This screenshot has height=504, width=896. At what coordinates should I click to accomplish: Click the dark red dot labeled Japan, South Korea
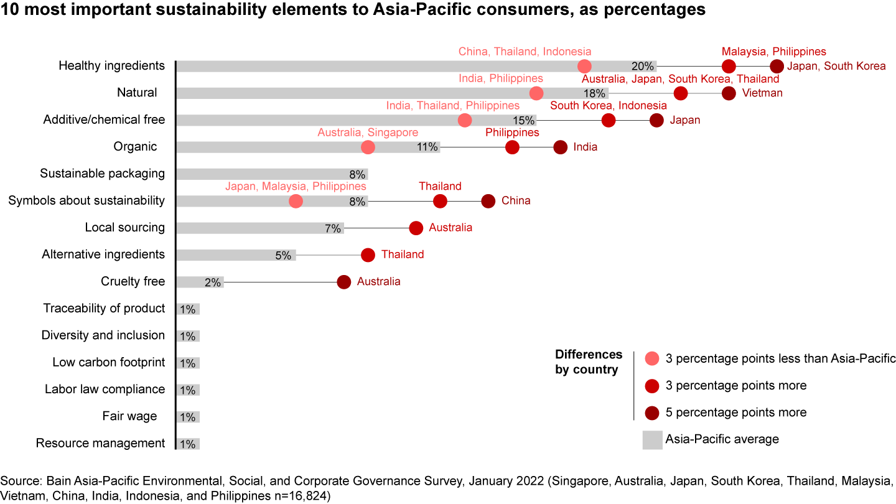pos(777,66)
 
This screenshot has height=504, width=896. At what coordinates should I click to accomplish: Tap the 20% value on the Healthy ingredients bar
pos(642,67)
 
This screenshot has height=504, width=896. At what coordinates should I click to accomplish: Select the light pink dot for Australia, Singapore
pos(368,147)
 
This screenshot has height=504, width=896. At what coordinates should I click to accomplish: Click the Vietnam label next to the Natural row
pos(762,93)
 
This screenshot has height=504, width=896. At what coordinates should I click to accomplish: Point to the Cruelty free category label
pos(133,282)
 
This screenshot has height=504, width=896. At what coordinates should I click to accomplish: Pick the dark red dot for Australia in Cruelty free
pos(344,282)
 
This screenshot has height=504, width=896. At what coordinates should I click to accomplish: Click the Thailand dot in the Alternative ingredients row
pos(368,254)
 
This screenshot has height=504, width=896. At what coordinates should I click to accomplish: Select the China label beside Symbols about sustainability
pos(516,201)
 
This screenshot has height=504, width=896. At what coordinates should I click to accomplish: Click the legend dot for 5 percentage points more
pos(652,413)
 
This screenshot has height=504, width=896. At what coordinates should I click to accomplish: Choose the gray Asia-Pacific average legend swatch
pos(652,440)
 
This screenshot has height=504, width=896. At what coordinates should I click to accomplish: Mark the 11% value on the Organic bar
pos(427,147)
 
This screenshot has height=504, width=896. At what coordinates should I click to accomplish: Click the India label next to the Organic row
pos(586,147)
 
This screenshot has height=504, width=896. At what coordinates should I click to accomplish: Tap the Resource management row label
pos(100,444)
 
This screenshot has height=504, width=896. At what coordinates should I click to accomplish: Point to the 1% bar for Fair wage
pos(188,416)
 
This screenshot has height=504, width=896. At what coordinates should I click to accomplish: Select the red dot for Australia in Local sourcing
pos(416,228)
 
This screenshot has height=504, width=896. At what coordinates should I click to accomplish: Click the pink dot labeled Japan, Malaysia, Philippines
pos(296,201)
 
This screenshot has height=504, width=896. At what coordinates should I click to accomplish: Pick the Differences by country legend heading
pos(589,362)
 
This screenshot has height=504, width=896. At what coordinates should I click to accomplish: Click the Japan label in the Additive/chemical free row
pos(685,120)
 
